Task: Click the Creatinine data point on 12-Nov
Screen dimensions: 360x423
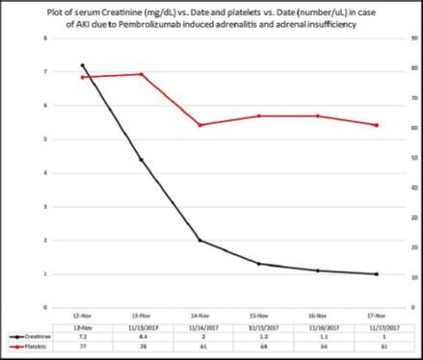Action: [x=82, y=65]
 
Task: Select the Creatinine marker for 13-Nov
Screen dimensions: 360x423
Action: [x=141, y=160]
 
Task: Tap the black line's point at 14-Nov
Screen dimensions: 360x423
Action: [x=199, y=241]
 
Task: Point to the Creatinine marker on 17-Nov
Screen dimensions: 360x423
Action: [x=376, y=274]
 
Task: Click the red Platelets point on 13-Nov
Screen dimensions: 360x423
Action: [x=141, y=74]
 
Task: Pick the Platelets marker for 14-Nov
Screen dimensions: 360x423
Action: [x=199, y=125]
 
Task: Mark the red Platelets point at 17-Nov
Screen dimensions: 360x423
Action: [x=376, y=125]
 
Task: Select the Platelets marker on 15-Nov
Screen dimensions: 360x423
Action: [x=258, y=116]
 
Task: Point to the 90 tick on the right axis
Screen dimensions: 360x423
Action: [x=412, y=39]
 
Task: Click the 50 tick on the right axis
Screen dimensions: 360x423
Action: [x=412, y=158]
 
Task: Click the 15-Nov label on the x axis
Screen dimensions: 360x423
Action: [x=258, y=315]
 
